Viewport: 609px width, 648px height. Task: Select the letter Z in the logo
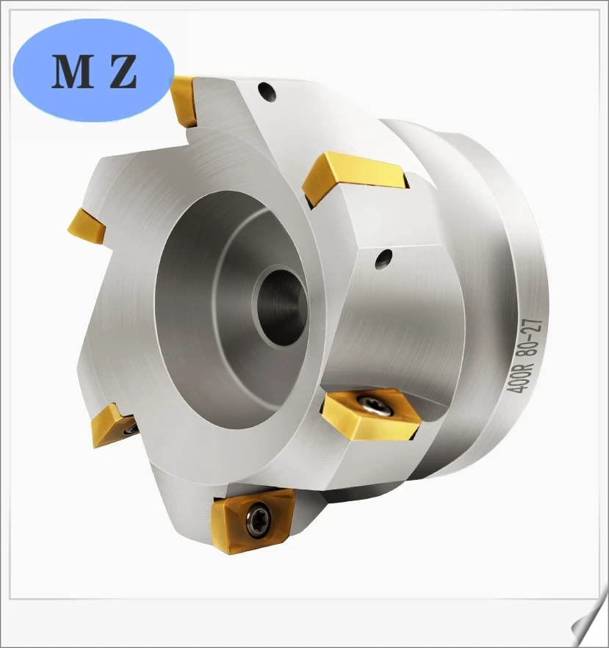123,72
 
